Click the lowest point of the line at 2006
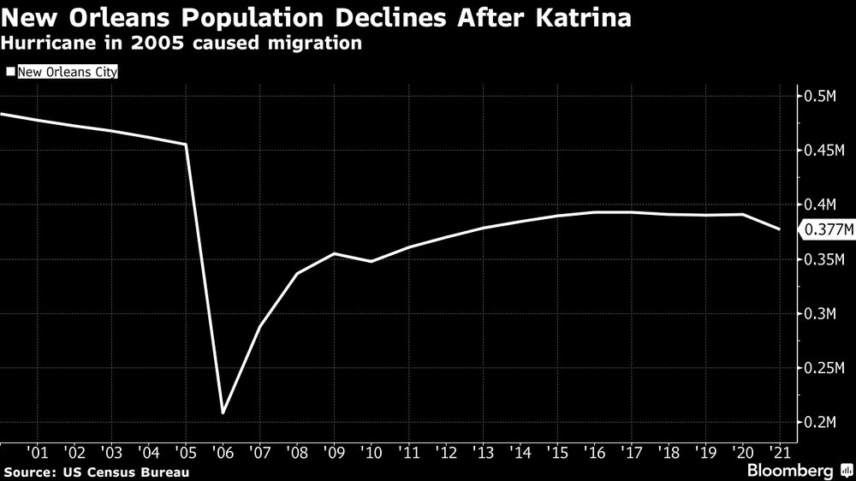[x=223, y=413]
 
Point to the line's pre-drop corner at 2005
[x=186, y=145]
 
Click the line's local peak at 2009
[x=334, y=253]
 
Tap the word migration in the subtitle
[x=319, y=42]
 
